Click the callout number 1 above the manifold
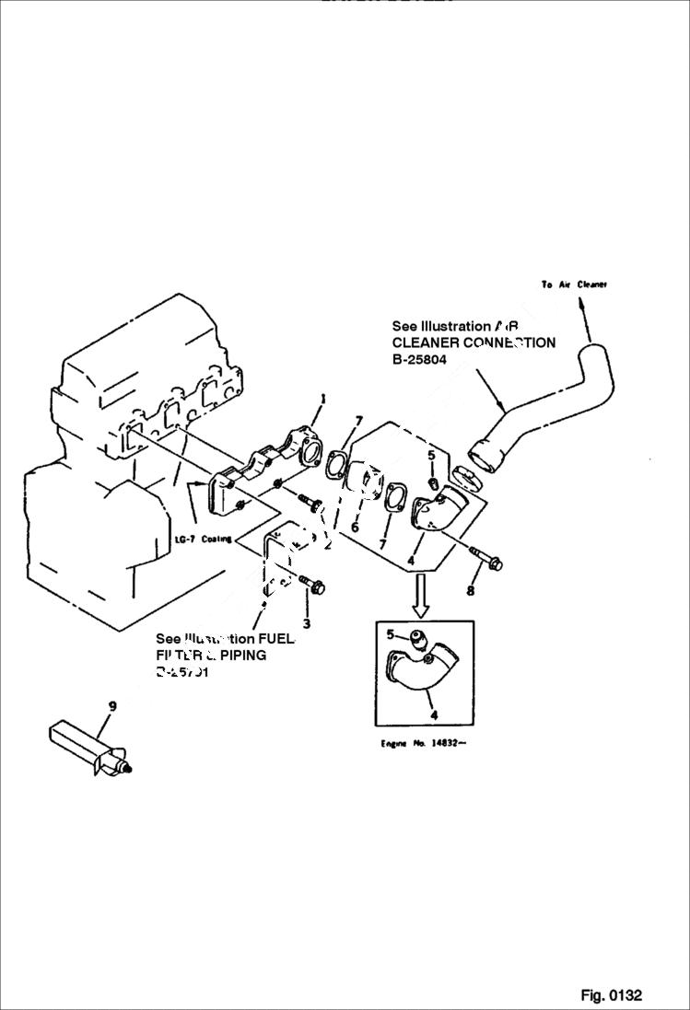[323, 399]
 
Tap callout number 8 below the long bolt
[471, 590]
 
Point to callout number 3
[307, 623]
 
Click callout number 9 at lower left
[111, 706]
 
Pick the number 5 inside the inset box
[391, 633]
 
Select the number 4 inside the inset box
[434, 714]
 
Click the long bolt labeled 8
[485, 557]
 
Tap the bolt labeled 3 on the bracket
[310, 583]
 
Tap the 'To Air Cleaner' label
[574, 284]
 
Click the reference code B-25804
[419, 359]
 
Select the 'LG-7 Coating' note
[204, 539]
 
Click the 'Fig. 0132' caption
[611, 994]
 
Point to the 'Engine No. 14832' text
[423, 742]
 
